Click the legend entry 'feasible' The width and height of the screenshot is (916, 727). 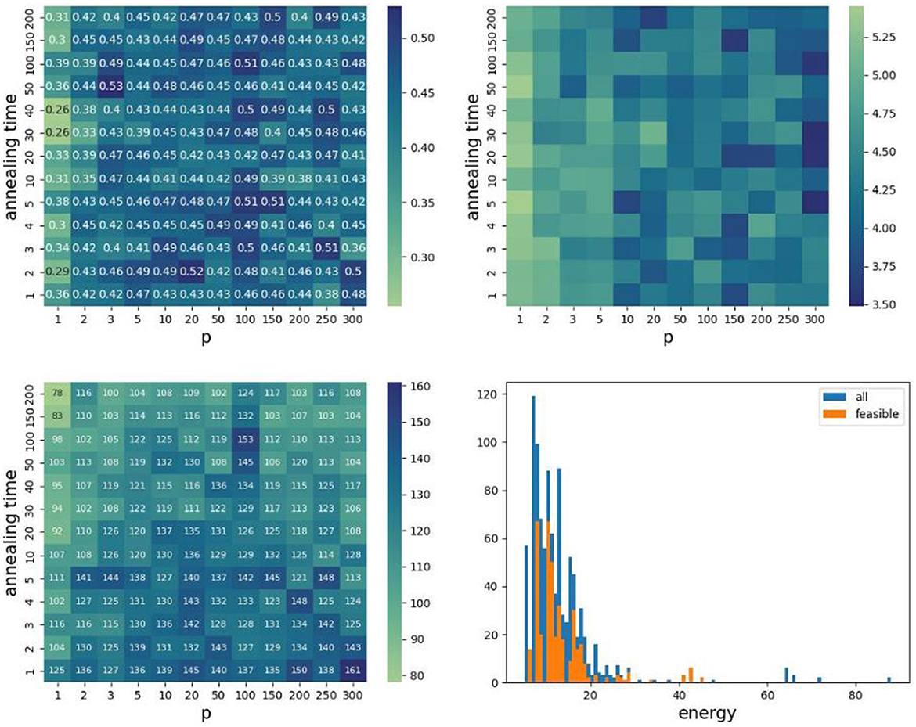pos(875,416)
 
